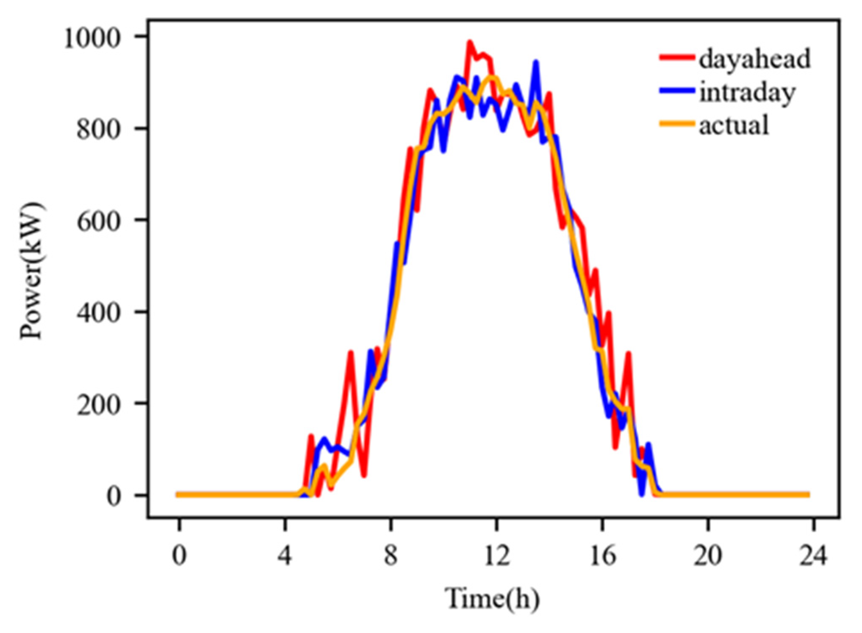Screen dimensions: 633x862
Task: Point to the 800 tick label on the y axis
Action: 99,130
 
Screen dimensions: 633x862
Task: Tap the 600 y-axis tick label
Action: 99,221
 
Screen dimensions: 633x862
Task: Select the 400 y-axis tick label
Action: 99,313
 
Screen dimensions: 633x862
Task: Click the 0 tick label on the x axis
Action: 179,555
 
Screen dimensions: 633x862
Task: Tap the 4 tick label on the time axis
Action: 285,555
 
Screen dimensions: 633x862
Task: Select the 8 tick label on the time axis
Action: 391,555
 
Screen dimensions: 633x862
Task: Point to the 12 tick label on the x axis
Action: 496,555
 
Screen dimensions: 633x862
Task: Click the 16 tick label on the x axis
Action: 602,555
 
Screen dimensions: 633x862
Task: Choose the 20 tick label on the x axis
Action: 708,555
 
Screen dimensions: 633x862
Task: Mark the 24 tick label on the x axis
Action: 813,555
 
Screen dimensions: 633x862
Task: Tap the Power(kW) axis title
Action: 32,271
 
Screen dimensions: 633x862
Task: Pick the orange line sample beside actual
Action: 677,124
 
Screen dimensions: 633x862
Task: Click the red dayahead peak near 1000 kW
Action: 469,42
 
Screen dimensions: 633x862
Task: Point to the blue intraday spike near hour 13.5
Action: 536,63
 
